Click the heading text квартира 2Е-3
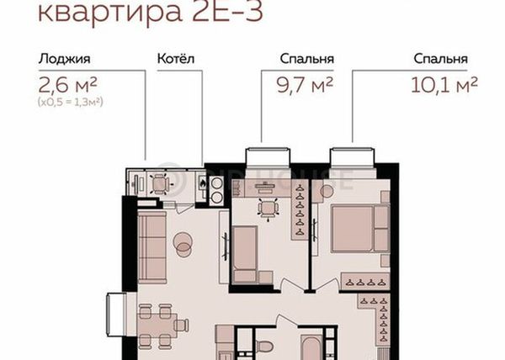(151, 13)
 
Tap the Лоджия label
(65, 59)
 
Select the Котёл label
(176, 59)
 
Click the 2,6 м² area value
(67, 85)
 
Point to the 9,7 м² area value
(305, 85)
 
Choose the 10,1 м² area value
(444, 85)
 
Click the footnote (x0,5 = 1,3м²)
(71, 102)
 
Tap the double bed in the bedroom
(360, 229)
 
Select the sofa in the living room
(152, 246)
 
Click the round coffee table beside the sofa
(183, 244)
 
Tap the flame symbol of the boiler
(202, 183)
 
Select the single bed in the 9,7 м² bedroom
(245, 255)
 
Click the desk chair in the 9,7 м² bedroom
(268, 209)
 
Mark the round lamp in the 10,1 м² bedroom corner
(327, 192)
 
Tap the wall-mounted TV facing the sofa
(225, 247)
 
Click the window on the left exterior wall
(117, 315)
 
